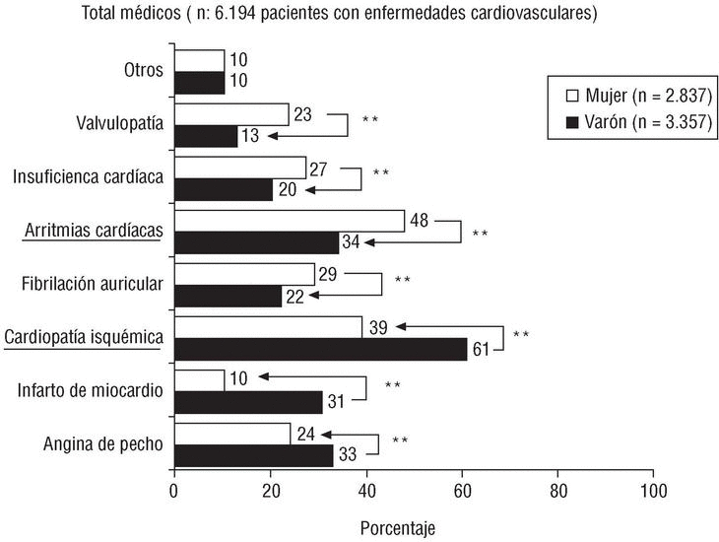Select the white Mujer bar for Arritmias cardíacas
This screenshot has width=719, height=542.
tap(289, 221)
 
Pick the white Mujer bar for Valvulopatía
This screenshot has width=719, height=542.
tap(230, 114)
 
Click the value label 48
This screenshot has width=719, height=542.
tap(418, 221)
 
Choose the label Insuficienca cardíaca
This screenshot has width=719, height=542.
tap(88, 177)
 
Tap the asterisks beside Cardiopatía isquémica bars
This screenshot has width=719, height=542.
tap(521, 336)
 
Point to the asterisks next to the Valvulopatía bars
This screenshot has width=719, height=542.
tap(370, 121)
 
